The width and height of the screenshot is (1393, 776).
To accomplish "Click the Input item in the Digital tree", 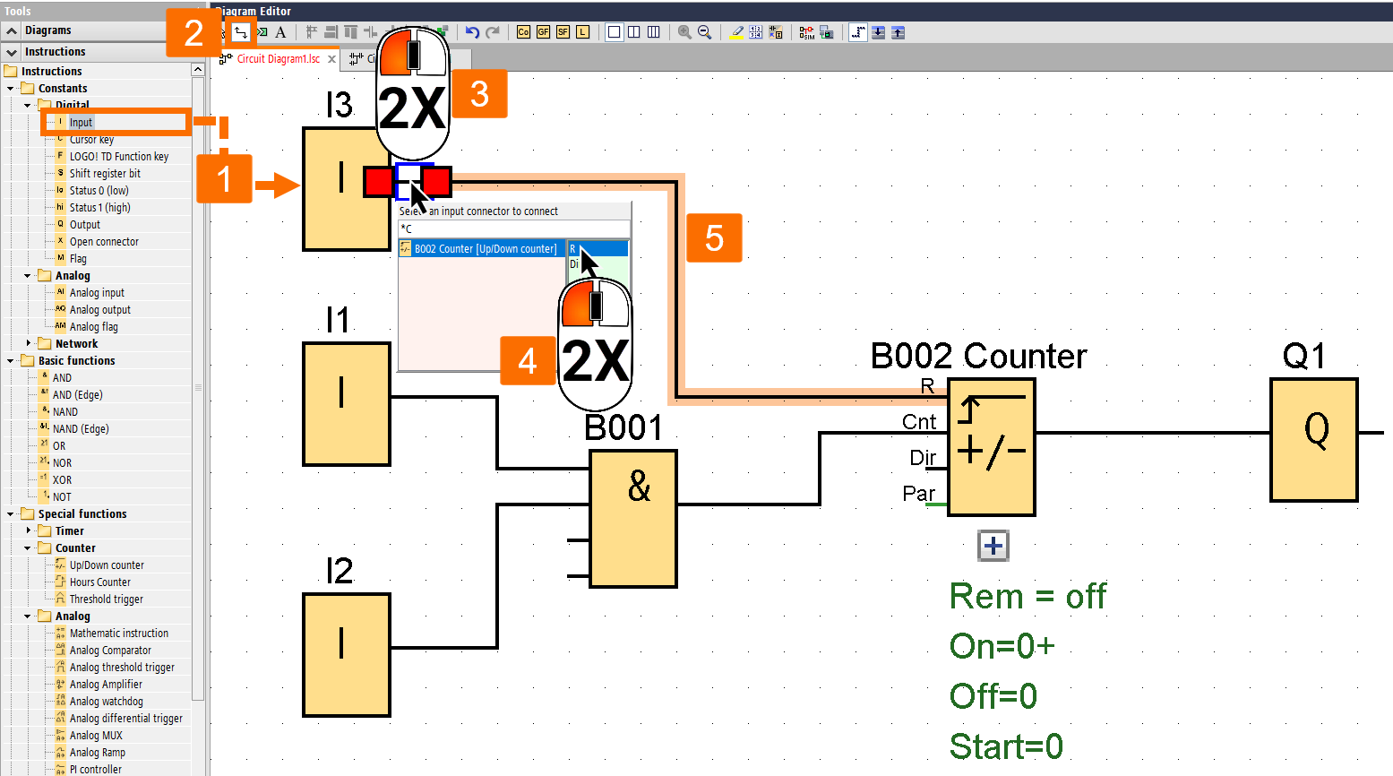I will point(81,123).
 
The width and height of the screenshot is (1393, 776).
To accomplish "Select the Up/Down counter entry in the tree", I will point(106,565).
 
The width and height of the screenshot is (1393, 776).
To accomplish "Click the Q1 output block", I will point(1313,439).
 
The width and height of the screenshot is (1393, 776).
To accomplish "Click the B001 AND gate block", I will point(632,518).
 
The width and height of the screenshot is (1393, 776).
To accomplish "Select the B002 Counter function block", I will point(991,446).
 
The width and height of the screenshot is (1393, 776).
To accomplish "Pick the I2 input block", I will point(346,654).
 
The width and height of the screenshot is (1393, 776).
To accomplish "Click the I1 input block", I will point(346,403).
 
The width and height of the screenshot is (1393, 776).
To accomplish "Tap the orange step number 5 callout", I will point(714,237).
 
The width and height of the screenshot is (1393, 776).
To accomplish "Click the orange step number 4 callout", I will point(528,361).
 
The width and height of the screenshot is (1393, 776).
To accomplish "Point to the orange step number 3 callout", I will point(479,94).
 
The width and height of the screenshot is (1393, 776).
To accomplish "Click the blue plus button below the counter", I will point(993,546).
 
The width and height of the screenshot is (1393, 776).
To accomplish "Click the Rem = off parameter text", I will point(1027,597).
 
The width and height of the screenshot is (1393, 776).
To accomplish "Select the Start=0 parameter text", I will point(1005,746).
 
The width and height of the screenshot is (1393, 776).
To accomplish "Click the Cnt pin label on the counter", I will point(918,422).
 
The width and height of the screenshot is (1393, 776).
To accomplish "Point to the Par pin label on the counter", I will point(918,494).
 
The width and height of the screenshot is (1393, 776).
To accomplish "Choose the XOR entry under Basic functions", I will point(62,480).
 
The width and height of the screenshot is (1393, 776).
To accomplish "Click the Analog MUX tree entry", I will point(96,736).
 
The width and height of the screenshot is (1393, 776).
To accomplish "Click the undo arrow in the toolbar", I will point(472,32).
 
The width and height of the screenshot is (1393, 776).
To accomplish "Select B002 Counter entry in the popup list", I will point(484,249).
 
